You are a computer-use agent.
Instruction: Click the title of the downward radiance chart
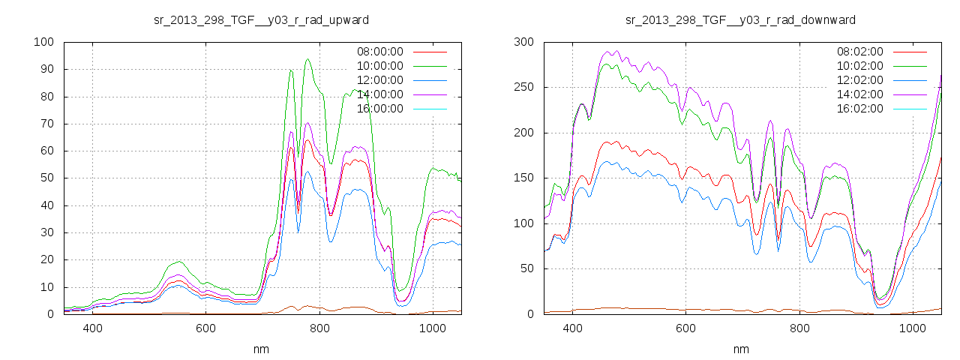pos(740,19)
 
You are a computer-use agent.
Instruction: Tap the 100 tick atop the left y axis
pos(43,42)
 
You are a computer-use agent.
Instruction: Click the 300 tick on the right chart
pos(523,42)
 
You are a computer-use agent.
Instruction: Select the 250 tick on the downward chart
pos(523,87)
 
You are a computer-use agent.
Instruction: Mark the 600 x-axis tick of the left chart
pos(205,328)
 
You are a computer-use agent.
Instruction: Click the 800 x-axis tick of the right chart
pos(799,328)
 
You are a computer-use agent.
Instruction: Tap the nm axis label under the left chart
pos(261,349)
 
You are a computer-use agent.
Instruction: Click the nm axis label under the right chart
pos(740,349)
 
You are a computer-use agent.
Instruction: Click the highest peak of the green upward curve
pos(307,59)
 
